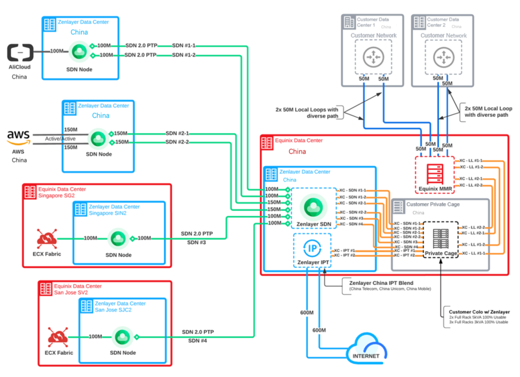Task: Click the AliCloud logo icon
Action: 20,52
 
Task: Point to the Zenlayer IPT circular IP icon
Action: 311,247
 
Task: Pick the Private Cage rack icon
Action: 440,236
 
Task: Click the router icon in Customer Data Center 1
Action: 373,56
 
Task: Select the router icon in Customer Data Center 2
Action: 444,56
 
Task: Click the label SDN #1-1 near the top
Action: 184,46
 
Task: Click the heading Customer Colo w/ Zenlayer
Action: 479,312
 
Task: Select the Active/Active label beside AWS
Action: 60,138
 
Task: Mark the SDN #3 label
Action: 197,243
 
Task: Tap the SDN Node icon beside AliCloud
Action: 79,51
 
